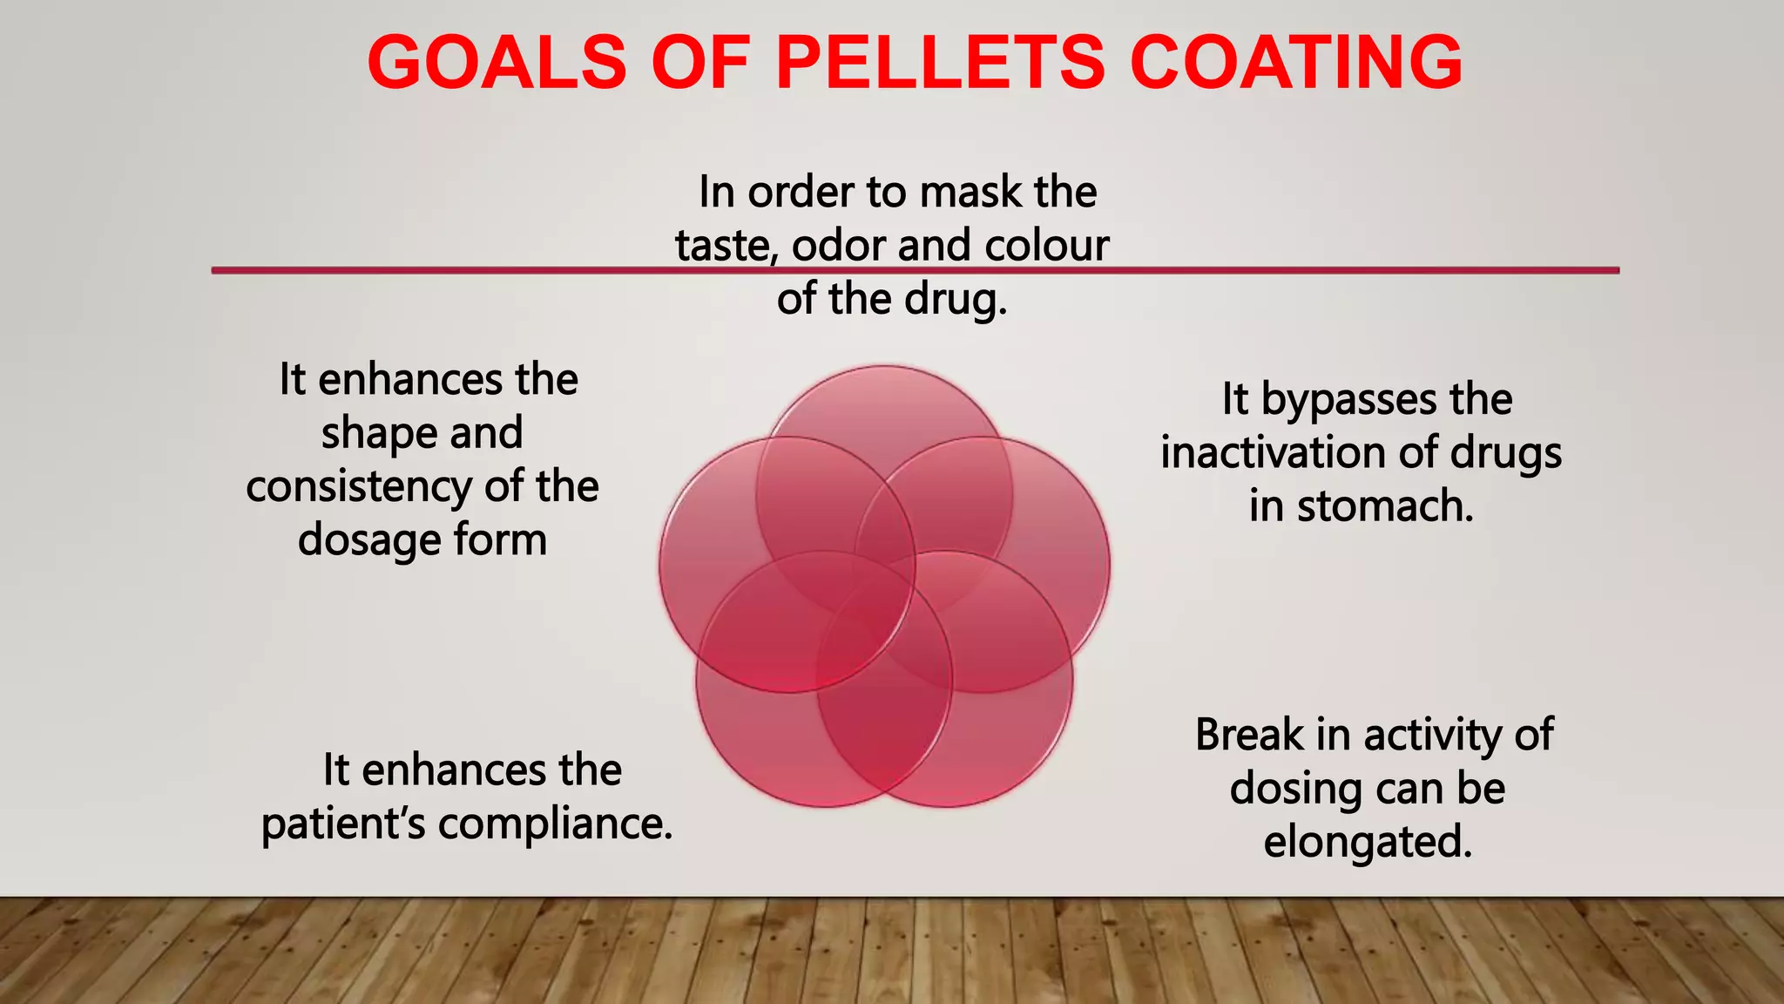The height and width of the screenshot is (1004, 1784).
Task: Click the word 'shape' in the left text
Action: point(376,433)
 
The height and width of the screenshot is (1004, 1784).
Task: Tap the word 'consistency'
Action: point(359,486)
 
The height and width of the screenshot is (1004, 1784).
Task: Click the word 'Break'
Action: point(1248,735)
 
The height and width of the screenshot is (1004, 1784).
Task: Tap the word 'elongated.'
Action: point(1368,842)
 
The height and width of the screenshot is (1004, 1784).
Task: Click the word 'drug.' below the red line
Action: point(956,299)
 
